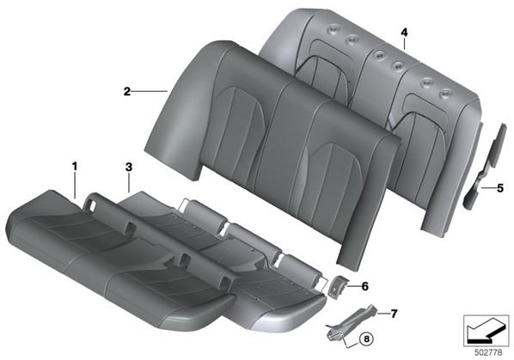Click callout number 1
pos(75,167)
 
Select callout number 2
pos(127,91)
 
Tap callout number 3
pos(129,167)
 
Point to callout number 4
pos(404,33)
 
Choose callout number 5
pos(500,188)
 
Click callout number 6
pos(364,286)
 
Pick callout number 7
pos(394,314)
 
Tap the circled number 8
pos(366,339)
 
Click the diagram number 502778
pos(488,352)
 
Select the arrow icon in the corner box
pos(481,331)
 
